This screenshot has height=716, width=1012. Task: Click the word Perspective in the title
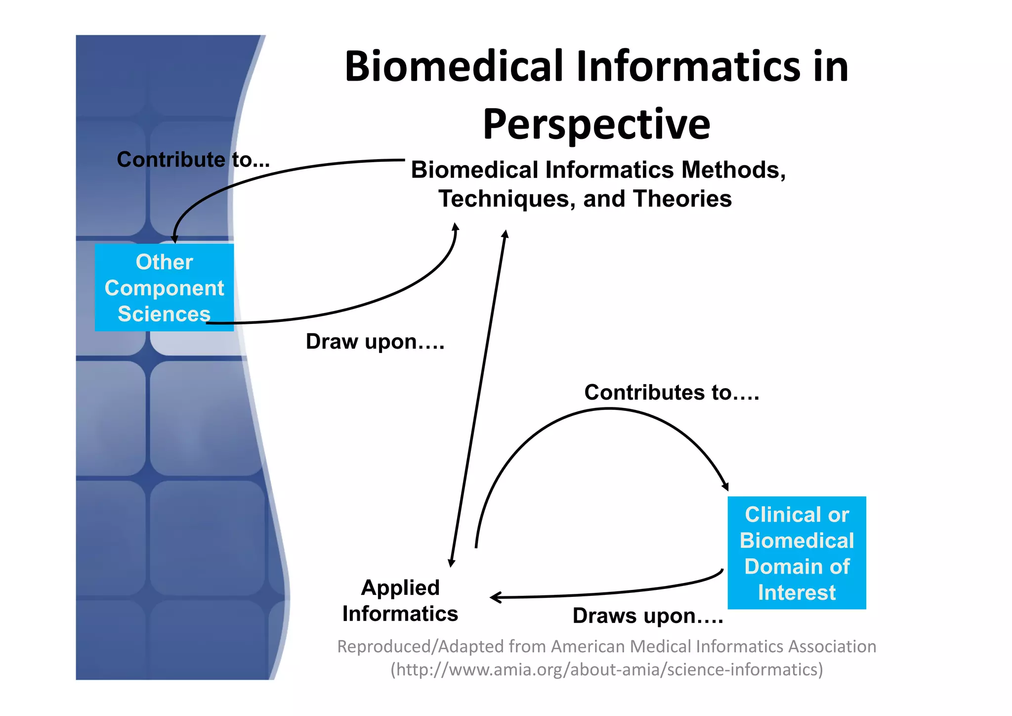click(596, 125)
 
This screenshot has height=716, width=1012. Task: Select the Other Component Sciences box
click(164, 287)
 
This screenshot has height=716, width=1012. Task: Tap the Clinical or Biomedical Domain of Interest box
click(797, 553)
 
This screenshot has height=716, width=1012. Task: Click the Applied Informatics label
click(400, 600)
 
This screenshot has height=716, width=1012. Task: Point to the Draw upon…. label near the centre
click(375, 342)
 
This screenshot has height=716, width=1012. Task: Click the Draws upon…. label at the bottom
click(647, 616)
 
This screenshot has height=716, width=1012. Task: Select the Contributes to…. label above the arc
click(671, 393)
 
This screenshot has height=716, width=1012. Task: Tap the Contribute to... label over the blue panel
click(193, 160)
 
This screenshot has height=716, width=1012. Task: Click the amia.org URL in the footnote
click(607, 670)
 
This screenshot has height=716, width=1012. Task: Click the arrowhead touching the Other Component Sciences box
click(174, 239)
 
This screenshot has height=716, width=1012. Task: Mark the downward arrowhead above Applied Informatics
click(451, 563)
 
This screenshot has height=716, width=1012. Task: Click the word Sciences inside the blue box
click(164, 314)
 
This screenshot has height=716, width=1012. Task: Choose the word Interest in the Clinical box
click(797, 592)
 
